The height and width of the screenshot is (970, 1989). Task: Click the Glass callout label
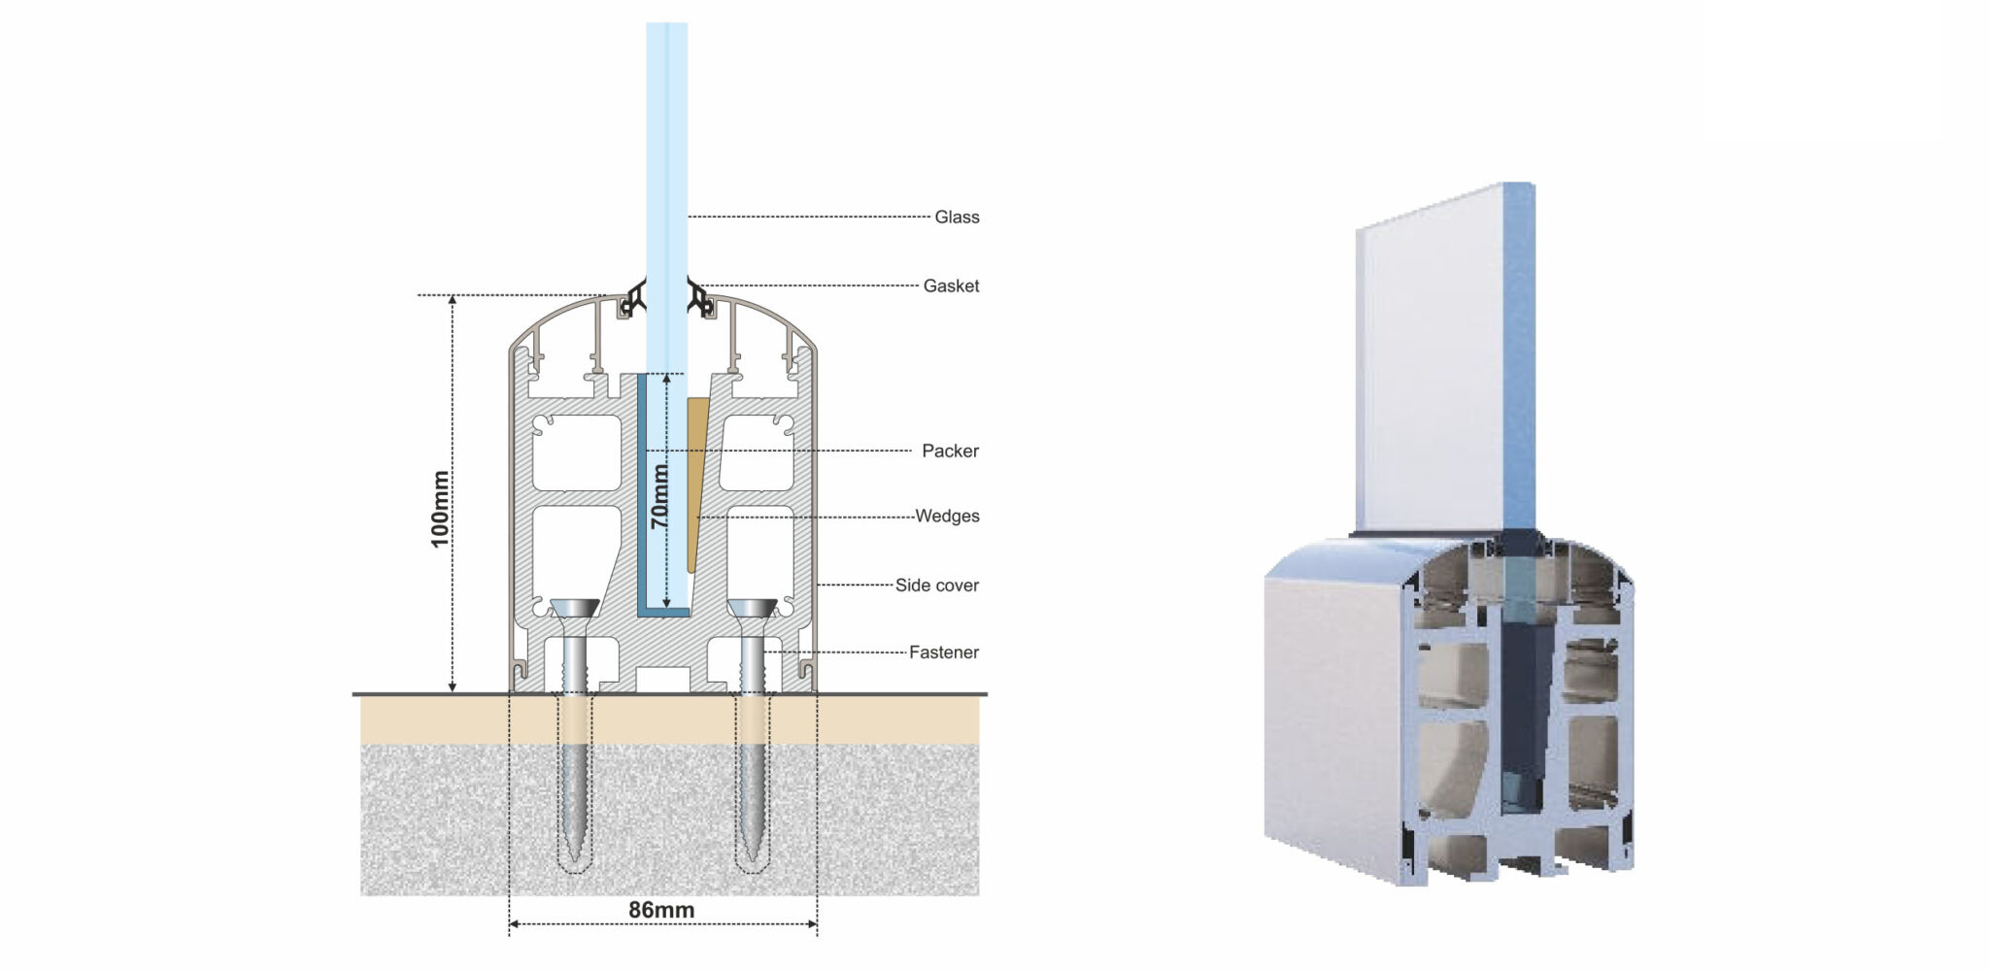click(x=957, y=217)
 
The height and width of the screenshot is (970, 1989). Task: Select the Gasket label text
click(x=951, y=285)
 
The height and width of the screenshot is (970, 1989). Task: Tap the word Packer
click(x=950, y=451)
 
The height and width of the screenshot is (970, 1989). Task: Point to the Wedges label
click(x=947, y=516)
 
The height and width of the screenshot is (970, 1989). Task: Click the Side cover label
click(x=937, y=585)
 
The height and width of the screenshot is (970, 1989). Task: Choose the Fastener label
click(x=944, y=652)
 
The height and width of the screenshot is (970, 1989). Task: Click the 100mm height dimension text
click(x=440, y=509)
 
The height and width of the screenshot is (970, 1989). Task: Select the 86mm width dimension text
click(x=661, y=910)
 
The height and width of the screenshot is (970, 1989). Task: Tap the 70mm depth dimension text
click(x=659, y=496)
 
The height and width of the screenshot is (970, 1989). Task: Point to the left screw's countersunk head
click(x=575, y=609)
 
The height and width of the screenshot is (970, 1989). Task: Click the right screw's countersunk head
click(x=752, y=609)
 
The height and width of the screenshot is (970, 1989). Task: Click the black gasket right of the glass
click(x=700, y=296)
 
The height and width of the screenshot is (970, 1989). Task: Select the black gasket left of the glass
click(x=633, y=296)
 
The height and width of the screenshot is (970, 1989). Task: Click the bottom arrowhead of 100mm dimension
click(x=453, y=686)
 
